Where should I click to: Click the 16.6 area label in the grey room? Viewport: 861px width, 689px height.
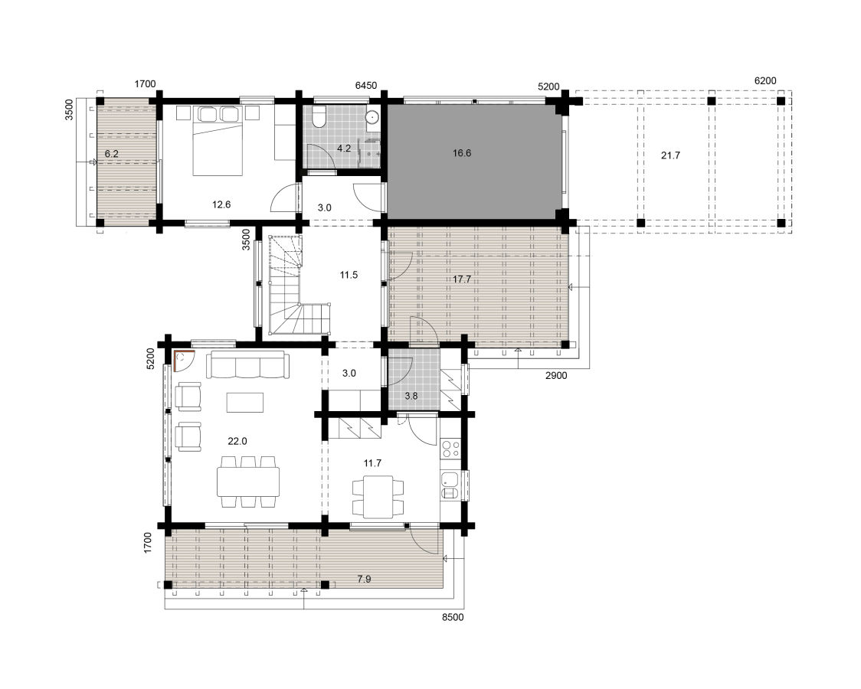(x=462, y=153)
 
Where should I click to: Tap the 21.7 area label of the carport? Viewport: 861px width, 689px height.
(x=670, y=155)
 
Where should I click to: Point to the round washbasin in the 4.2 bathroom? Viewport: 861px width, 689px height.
(x=372, y=117)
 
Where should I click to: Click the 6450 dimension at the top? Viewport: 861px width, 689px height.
(x=365, y=86)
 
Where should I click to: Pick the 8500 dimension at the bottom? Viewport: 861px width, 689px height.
(x=453, y=616)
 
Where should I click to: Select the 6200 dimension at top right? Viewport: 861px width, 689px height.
(x=765, y=80)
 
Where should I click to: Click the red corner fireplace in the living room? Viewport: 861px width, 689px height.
(x=184, y=360)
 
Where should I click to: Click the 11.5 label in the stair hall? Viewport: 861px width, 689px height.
(x=349, y=274)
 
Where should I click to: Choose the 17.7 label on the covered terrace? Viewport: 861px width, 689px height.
(x=462, y=279)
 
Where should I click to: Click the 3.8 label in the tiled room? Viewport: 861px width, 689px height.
(x=411, y=396)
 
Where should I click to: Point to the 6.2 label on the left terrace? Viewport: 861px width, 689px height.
(x=111, y=154)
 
